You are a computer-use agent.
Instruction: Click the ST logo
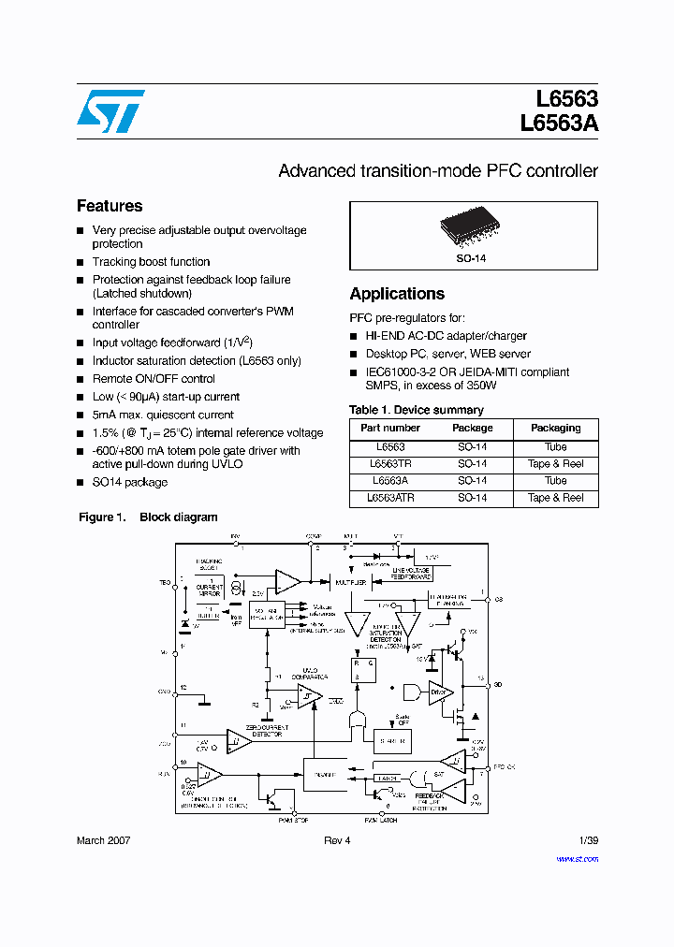click(110, 111)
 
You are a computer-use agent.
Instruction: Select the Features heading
click(110, 206)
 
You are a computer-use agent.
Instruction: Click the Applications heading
click(397, 294)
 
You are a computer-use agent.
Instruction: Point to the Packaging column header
click(555, 428)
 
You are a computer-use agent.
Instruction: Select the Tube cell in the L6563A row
click(555, 481)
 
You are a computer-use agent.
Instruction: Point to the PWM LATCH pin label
click(381, 820)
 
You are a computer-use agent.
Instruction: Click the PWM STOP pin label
click(292, 820)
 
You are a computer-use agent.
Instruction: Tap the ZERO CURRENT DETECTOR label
click(267, 731)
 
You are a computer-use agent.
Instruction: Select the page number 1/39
click(588, 840)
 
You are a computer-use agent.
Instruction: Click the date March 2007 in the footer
click(103, 840)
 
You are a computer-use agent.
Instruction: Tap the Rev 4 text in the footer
click(337, 840)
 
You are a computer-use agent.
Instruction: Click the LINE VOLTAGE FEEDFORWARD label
click(411, 574)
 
